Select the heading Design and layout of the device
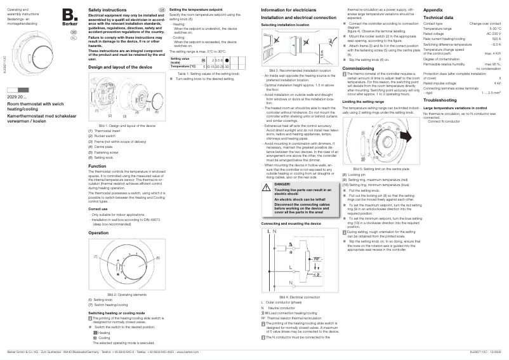pos(120,67)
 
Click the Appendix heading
pos(433,11)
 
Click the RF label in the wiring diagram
pos(315,259)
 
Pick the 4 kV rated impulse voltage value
pos(497,83)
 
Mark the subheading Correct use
pos(98,208)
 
